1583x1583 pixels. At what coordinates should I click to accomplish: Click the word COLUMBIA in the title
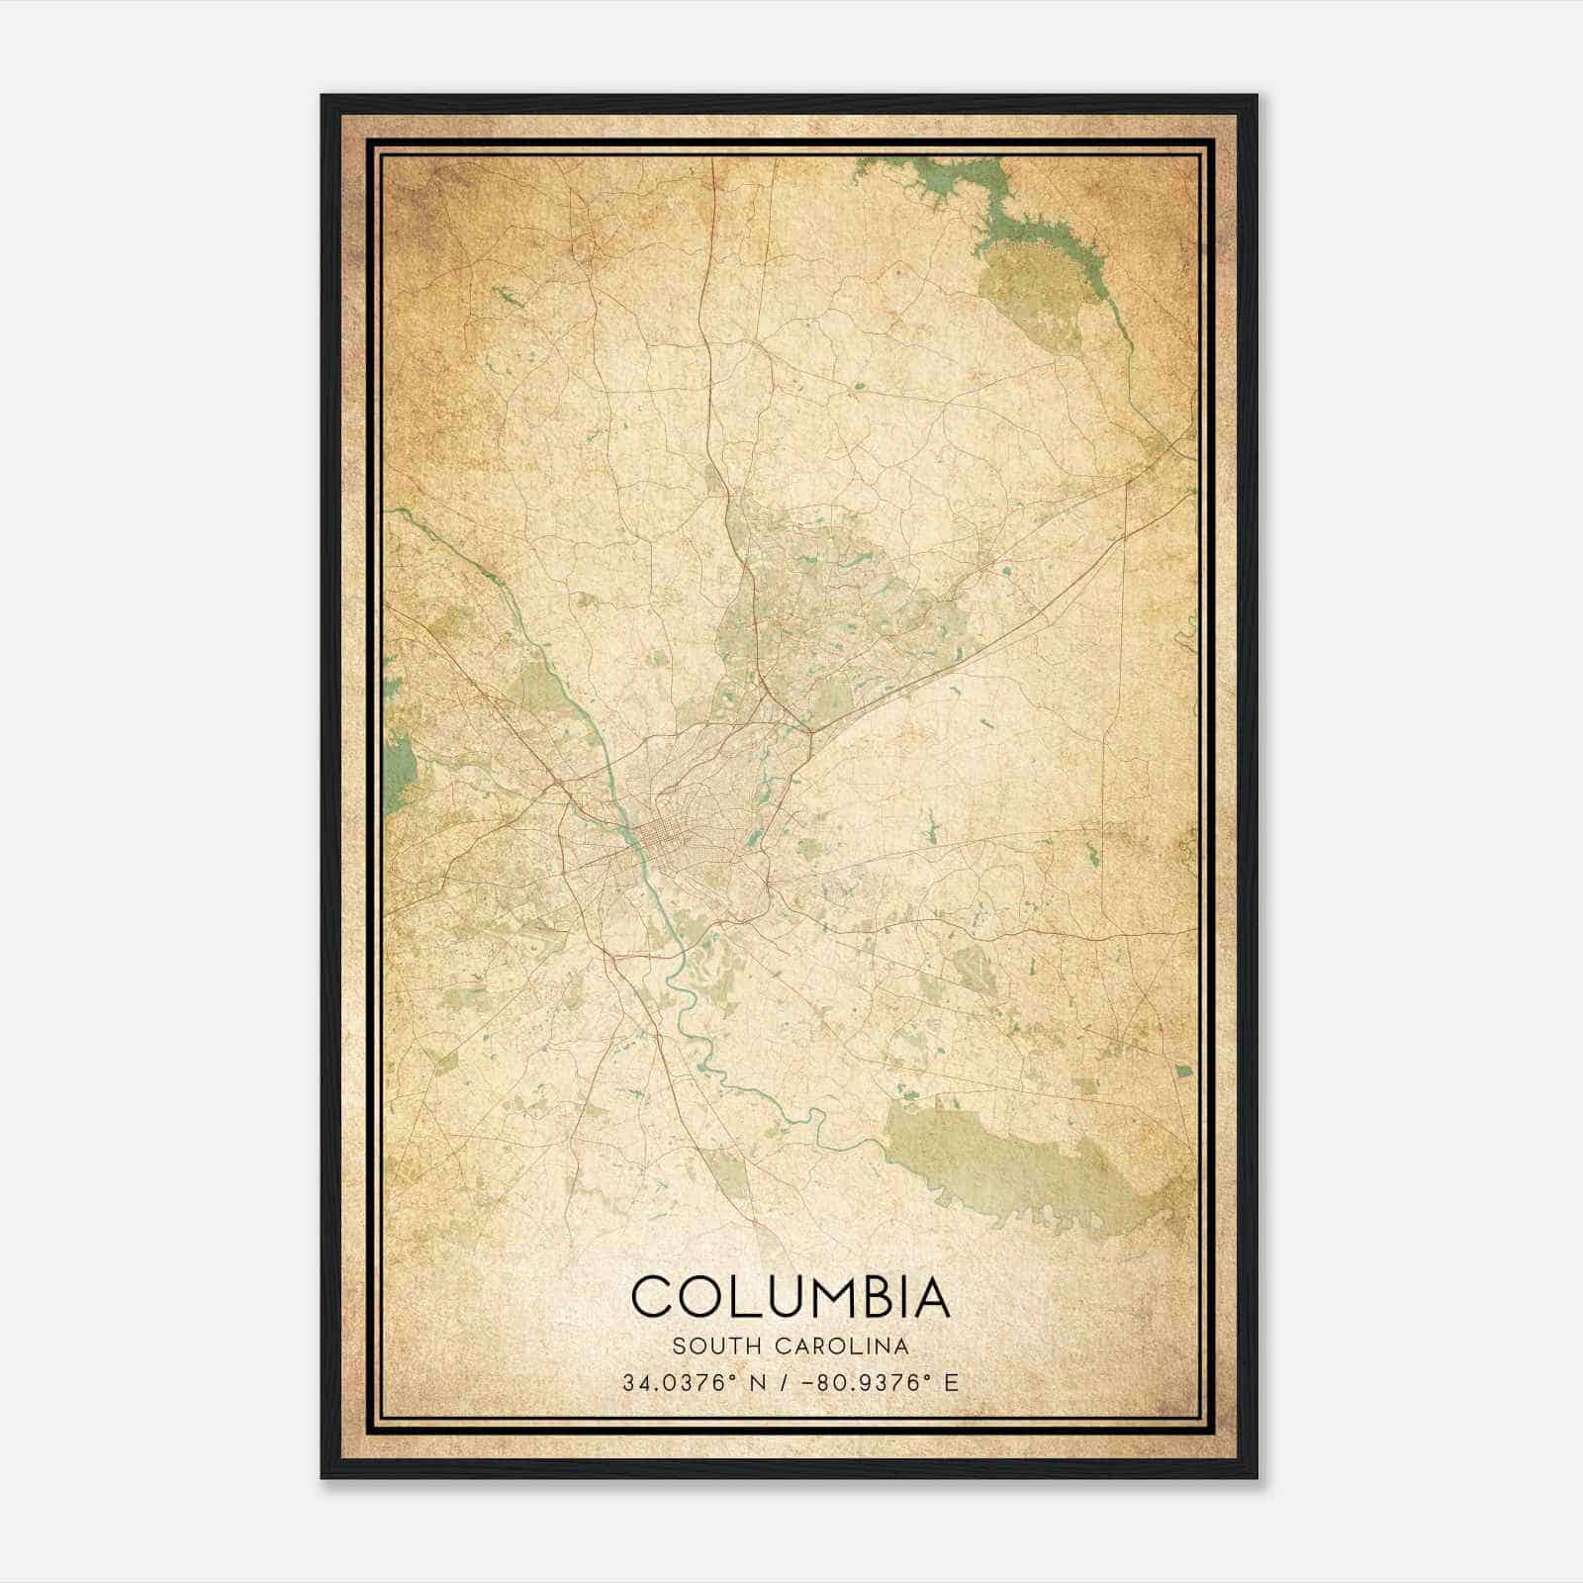tap(791, 1297)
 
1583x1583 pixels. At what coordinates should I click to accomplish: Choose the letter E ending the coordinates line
tap(952, 1383)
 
